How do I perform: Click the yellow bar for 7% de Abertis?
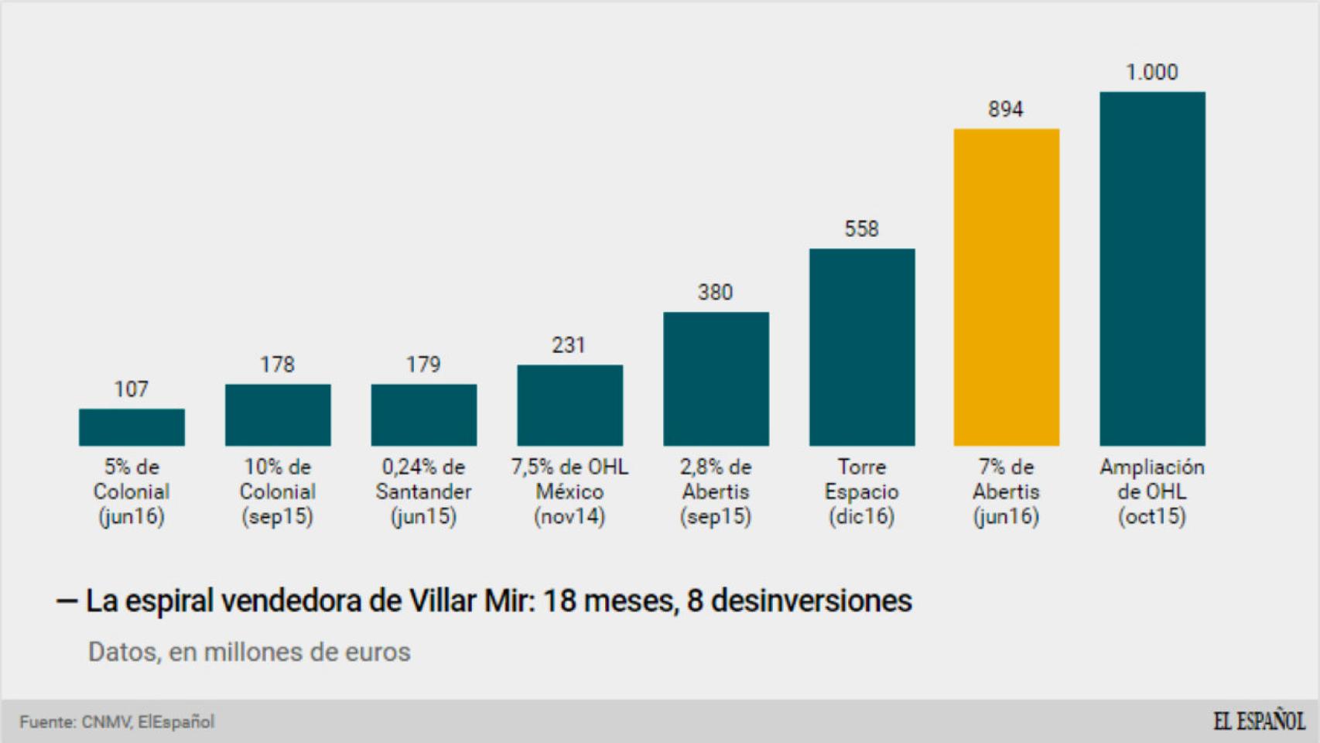1006,287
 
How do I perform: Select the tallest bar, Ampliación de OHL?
1152,269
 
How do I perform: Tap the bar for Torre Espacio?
862,347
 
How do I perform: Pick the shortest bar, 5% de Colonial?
132,427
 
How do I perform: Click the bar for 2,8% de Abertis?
716,378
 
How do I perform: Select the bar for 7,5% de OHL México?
569,405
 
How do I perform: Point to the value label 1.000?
1151,73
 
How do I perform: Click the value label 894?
1005,110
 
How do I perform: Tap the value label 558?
861,229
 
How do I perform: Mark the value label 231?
568,345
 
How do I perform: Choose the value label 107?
131,389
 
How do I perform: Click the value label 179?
423,365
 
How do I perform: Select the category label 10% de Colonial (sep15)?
277,491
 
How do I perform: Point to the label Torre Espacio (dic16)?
861,491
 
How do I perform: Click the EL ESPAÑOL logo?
1259,721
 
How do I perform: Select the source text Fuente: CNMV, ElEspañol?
117,722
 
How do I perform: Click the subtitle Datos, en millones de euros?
249,652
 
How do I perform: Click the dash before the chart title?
67,602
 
